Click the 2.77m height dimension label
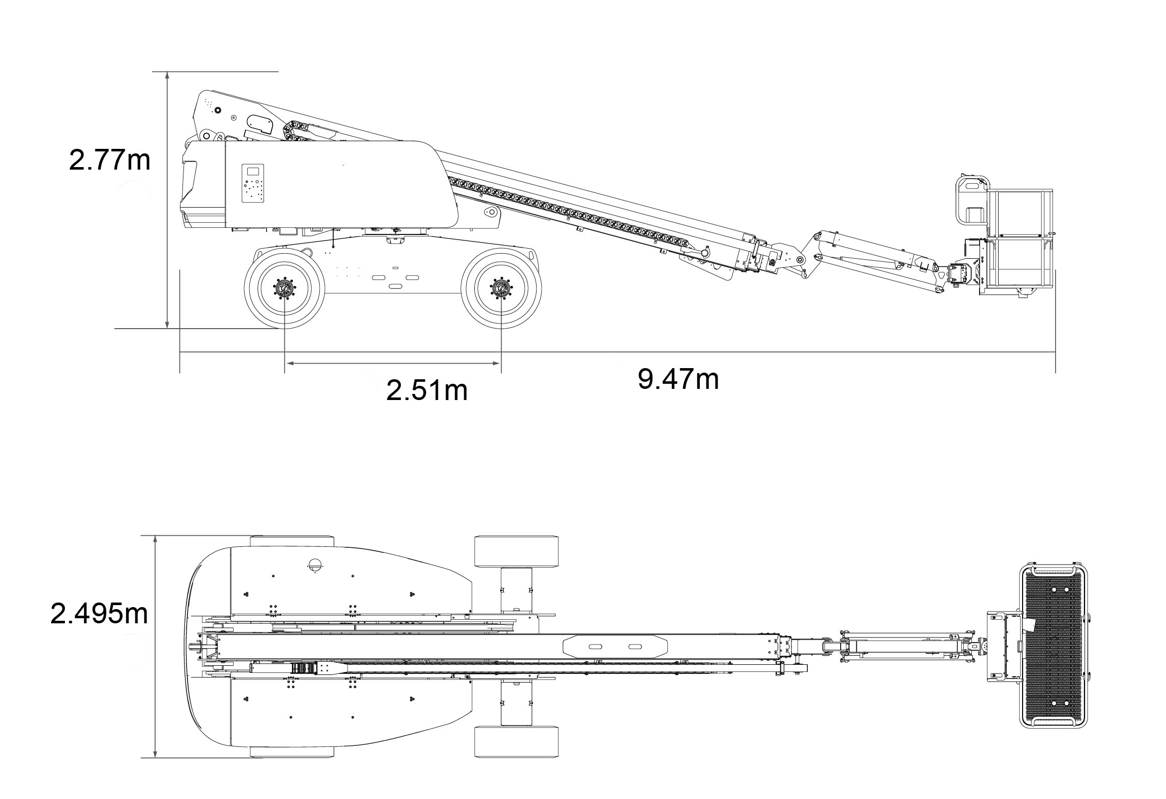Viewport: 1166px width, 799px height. pyautogui.click(x=109, y=160)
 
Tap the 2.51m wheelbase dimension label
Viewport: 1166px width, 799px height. pyautogui.click(x=427, y=390)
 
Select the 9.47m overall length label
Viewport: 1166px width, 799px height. pyautogui.click(x=678, y=379)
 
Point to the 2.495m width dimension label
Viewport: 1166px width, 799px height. pyautogui.click(x=99, y=614)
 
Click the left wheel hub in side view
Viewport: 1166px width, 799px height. pyautogui.click(x=284, y=289)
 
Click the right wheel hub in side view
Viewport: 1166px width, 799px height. pyautogui.click(x=501, y=289)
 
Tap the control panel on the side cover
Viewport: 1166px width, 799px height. pyautogui.click(x=253, y=183)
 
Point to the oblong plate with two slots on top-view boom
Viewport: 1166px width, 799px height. pyautogui.click(x=615, y=647)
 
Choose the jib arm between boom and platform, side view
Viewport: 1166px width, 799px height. pyautogui.click(x=877, y=256)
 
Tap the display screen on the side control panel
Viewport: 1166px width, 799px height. pyautogui.click(x=253, y=171)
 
